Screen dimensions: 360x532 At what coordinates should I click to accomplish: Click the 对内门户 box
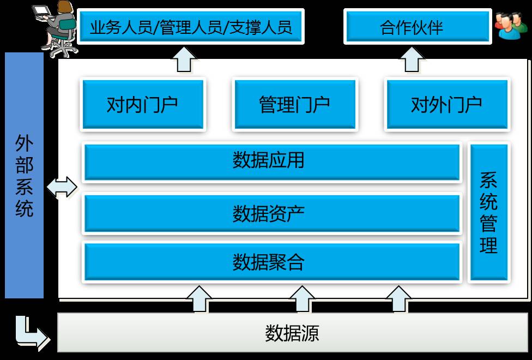tap(142, 104)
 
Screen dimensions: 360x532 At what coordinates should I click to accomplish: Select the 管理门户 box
tap(294, 104)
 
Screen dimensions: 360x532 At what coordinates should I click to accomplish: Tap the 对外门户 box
tap(446, 104)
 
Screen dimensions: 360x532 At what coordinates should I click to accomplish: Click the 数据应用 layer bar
tap(271, 161)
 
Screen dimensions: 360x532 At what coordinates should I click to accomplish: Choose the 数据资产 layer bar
tap(271, 213)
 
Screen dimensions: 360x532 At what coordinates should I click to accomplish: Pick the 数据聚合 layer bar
tap(271, 262)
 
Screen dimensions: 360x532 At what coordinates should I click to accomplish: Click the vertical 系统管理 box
tap(488, 213)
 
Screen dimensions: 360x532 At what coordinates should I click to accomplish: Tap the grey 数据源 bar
tap(292, 333)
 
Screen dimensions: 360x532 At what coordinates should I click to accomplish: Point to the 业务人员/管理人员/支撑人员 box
tap(191, 26)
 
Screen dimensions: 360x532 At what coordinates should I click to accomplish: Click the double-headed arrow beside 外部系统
tap(62, 187)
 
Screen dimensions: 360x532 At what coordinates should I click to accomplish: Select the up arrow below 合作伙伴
tap(412, 59)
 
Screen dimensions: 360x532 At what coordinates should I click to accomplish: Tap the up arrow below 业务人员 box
tap(185, 59)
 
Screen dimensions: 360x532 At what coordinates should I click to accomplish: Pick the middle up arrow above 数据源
tap(301, 299)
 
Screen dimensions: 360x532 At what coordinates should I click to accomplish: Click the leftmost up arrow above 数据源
tap(199, 299)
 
